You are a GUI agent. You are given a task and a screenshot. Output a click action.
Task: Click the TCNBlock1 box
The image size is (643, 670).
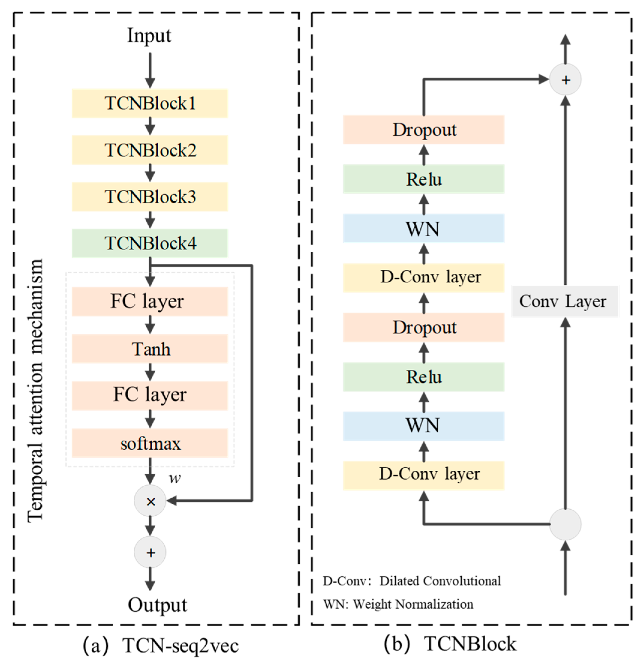[150, 103]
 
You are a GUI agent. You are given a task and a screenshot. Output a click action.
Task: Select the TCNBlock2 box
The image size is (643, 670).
[150, 150]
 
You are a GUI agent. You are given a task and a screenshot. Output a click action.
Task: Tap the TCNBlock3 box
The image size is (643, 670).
[150, 197]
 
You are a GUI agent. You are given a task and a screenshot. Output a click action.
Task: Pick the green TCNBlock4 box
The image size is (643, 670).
[150, 243]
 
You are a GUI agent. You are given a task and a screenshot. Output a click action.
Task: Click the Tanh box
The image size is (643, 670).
[150, 349]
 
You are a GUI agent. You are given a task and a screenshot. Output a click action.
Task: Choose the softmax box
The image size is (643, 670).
[150, 443]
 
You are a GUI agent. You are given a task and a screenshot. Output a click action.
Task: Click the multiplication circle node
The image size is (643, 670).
[150, 501]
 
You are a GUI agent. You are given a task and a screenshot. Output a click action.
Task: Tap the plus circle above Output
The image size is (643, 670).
[150, 552]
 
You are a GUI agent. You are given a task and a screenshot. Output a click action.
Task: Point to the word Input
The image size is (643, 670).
[149, 35]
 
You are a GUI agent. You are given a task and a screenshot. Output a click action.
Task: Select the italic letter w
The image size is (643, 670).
[175, 478]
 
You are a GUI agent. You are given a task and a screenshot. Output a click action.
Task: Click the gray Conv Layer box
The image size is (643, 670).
[565, 301]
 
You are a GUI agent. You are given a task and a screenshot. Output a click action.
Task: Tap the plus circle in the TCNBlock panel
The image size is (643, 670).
[565, 80]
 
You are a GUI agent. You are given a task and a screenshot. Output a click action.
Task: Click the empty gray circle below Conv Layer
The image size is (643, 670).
[565, 524]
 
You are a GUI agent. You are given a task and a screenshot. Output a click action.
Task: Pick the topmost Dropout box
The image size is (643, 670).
[424, 129]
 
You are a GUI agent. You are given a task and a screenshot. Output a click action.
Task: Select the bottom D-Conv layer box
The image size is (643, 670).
[424, 475]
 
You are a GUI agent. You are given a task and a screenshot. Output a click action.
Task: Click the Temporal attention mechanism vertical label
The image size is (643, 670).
[35, 390]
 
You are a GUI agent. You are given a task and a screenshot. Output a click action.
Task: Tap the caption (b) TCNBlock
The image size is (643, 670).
[450, 644]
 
